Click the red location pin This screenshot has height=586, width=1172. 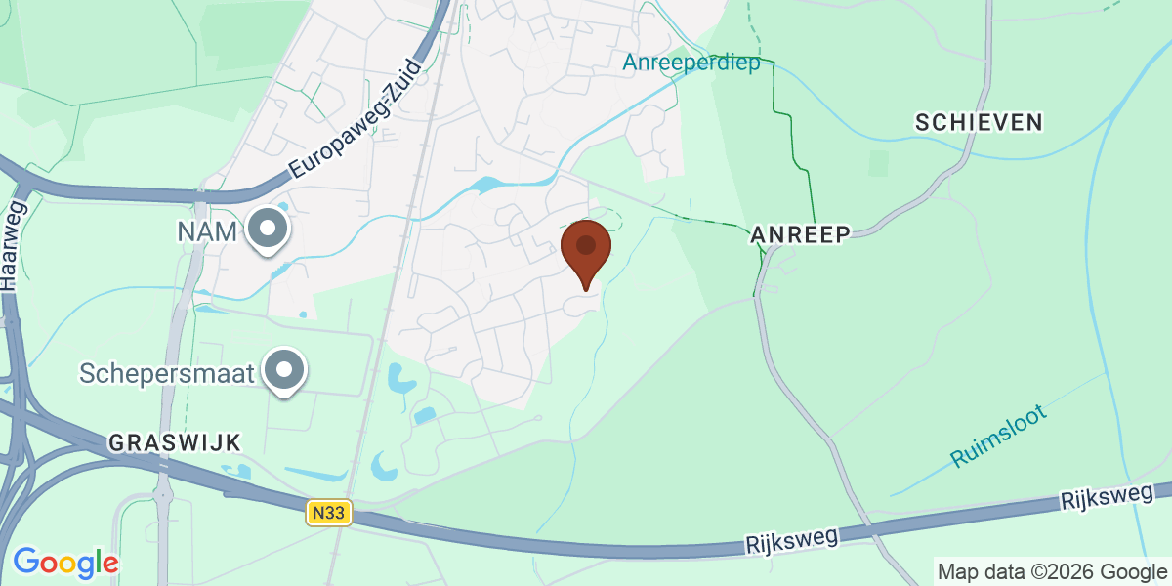click(x=586, y=252)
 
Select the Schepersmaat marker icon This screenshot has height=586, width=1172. click(x=285, y=372)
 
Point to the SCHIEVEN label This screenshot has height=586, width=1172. click(x=979, y=122)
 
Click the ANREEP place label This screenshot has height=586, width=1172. click(x=800, y=234)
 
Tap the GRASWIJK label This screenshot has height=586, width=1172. click(x=175, y=442)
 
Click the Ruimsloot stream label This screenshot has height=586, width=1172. click(x=999, y=436)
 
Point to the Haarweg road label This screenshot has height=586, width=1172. click(x=13, y=245)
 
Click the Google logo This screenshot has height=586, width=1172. click(x=65, y=564)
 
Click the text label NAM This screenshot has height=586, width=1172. click(x=207, y=232)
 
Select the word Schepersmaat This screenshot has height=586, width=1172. click(x=167, y=373)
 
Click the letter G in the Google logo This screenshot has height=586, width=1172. click(x=26, y=563)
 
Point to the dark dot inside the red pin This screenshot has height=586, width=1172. click(x=586, y=244)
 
